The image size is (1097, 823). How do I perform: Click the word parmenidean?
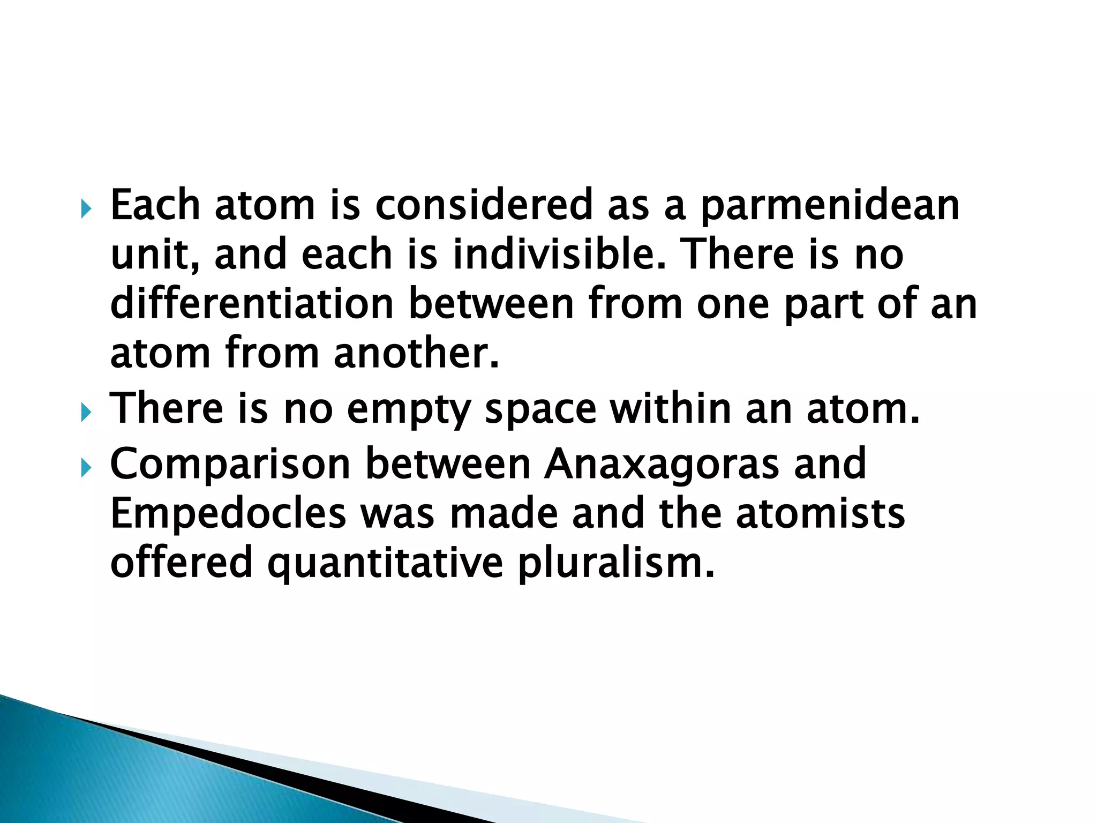(x=830, y=207)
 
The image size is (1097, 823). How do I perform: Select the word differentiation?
(x=252, y=304)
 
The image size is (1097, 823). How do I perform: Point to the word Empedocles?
(x=228, y=513)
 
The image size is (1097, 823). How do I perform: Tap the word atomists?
(x=820, y=513)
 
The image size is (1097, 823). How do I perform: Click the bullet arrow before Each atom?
(x=86, y=209)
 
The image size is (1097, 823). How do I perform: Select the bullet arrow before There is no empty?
(x=86, y=413)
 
